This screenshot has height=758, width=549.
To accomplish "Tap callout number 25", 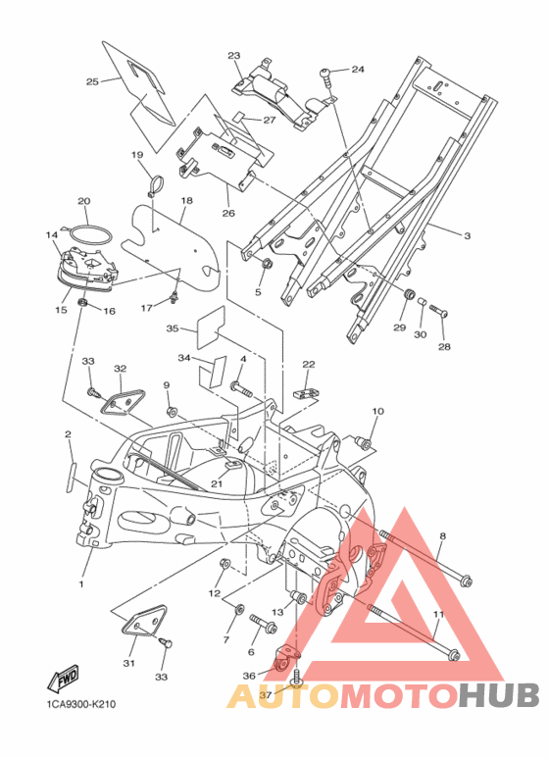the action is click(92, 81).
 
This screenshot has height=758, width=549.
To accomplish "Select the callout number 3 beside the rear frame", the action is click(467, 236).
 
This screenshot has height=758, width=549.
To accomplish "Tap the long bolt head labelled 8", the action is click(466, 581).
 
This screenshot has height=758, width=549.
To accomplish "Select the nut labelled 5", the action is click(267, 265).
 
